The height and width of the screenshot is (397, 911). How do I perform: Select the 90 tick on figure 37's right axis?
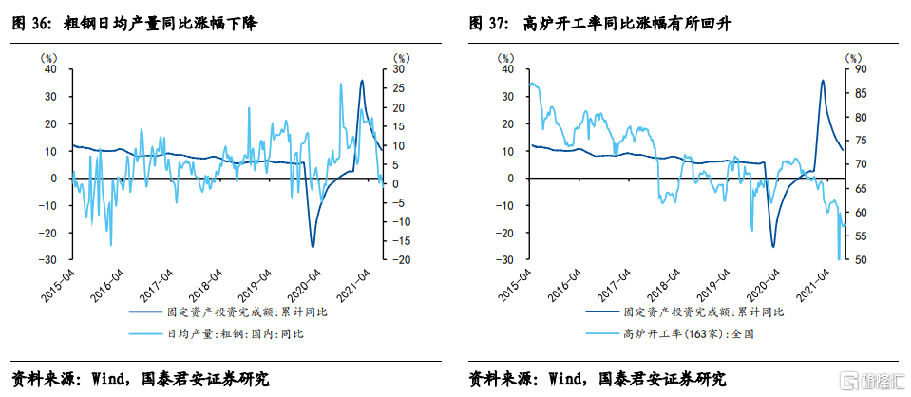coord(857,69)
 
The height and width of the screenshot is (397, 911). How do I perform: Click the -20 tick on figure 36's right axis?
coord(401,259)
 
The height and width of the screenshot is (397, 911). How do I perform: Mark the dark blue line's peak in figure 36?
coord(361,81)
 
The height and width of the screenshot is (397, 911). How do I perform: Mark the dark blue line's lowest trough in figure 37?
coord(772,247)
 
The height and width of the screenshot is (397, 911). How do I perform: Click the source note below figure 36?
coord(142,378)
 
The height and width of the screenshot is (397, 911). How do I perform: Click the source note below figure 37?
coord(598,378)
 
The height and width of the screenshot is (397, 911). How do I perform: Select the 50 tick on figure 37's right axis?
coord(857,259)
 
